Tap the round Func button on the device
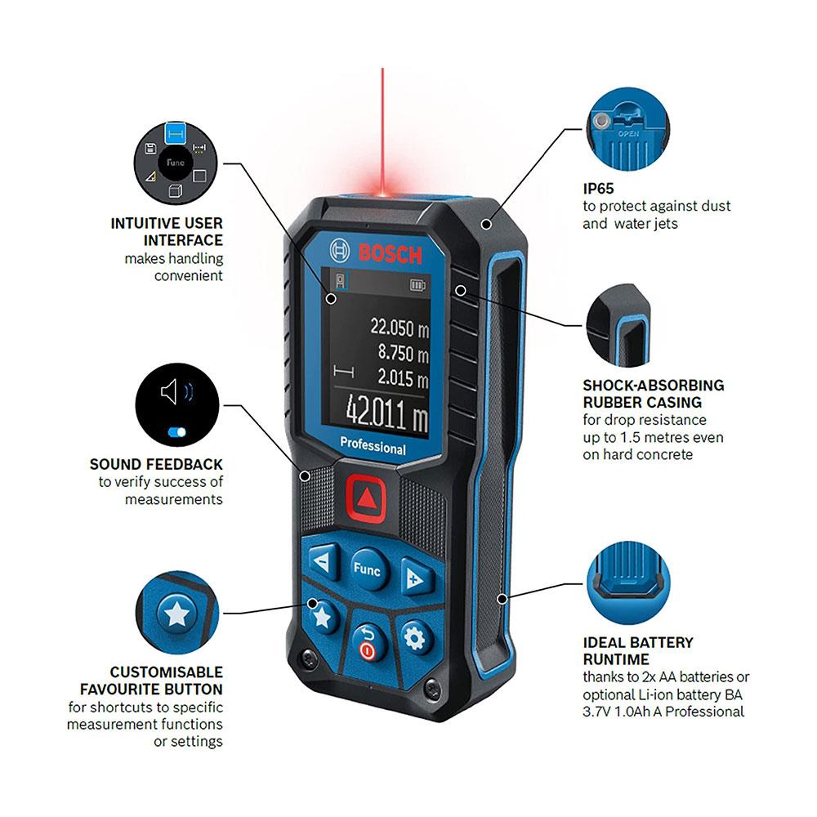tap(368, 569)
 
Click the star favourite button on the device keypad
tap(322, 618)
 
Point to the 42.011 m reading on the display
tap(387, 412)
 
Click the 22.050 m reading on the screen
tap(400, 328)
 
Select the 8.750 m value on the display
tap(404, 353)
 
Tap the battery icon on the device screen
tap(417, 285)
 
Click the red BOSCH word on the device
tap(391, 254)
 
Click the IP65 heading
tap(598, 188)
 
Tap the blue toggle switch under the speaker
tap(177, 432)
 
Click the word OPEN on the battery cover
tap(629, 133)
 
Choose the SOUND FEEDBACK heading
tap(156, 464)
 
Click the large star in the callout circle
tap(176, 614)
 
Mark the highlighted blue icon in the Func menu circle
tap(176, 134)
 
